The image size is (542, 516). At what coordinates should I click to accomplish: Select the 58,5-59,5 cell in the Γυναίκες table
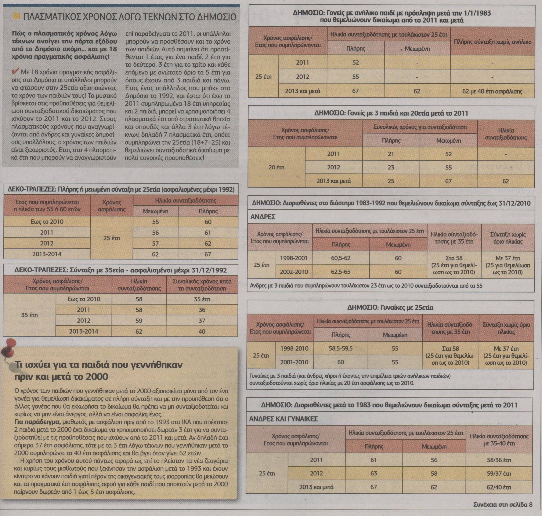[340, 349]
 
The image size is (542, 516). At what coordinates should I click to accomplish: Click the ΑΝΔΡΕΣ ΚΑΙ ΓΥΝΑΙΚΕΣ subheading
[283, 419]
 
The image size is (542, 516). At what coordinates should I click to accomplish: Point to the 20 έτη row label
[276, 167]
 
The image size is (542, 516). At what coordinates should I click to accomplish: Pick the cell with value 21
[391, 154]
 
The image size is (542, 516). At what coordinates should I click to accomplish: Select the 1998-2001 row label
[294, 258]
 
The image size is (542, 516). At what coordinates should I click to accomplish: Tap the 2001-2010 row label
[294, 362]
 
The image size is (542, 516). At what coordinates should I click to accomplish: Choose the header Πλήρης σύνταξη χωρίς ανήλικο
[492, 42]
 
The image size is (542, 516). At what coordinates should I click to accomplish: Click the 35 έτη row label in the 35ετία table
[29, 315]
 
